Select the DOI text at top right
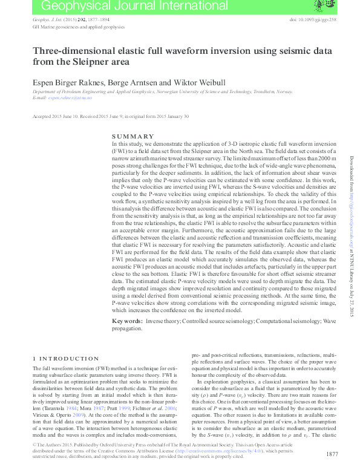[315, 20]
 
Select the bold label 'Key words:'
[126, 319]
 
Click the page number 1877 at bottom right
[332, 454]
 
